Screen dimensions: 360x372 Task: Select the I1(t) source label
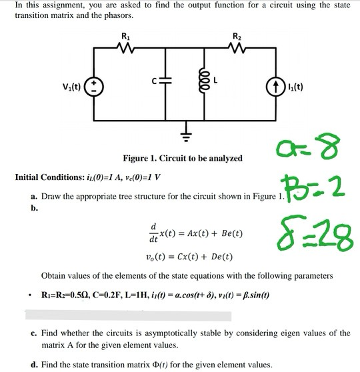pyautogui.click(x=293, y=87)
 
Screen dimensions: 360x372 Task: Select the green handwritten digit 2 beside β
pyautogui.click(x=335, y=189)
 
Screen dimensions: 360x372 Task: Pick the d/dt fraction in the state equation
pyautogui.click(x=155, y=234)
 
